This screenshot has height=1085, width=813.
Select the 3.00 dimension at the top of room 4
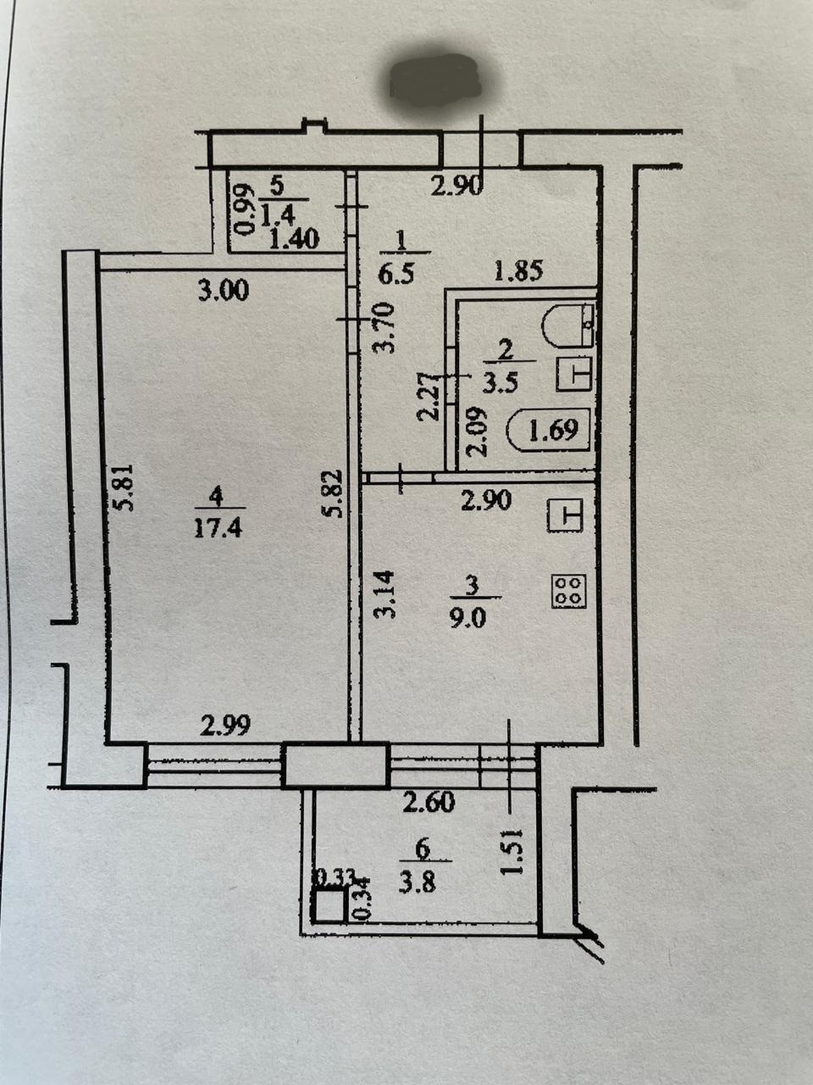click(x=223, y=291)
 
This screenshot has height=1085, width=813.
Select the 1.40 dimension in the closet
click(x=293, y=239)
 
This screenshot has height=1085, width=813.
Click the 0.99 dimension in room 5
click(x=244, y=210)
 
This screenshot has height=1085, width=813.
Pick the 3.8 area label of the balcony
click(x=423, y=882)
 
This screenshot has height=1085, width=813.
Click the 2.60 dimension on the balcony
click(x=429, y=801)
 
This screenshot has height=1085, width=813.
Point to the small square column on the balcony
click(x=327, y=907)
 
